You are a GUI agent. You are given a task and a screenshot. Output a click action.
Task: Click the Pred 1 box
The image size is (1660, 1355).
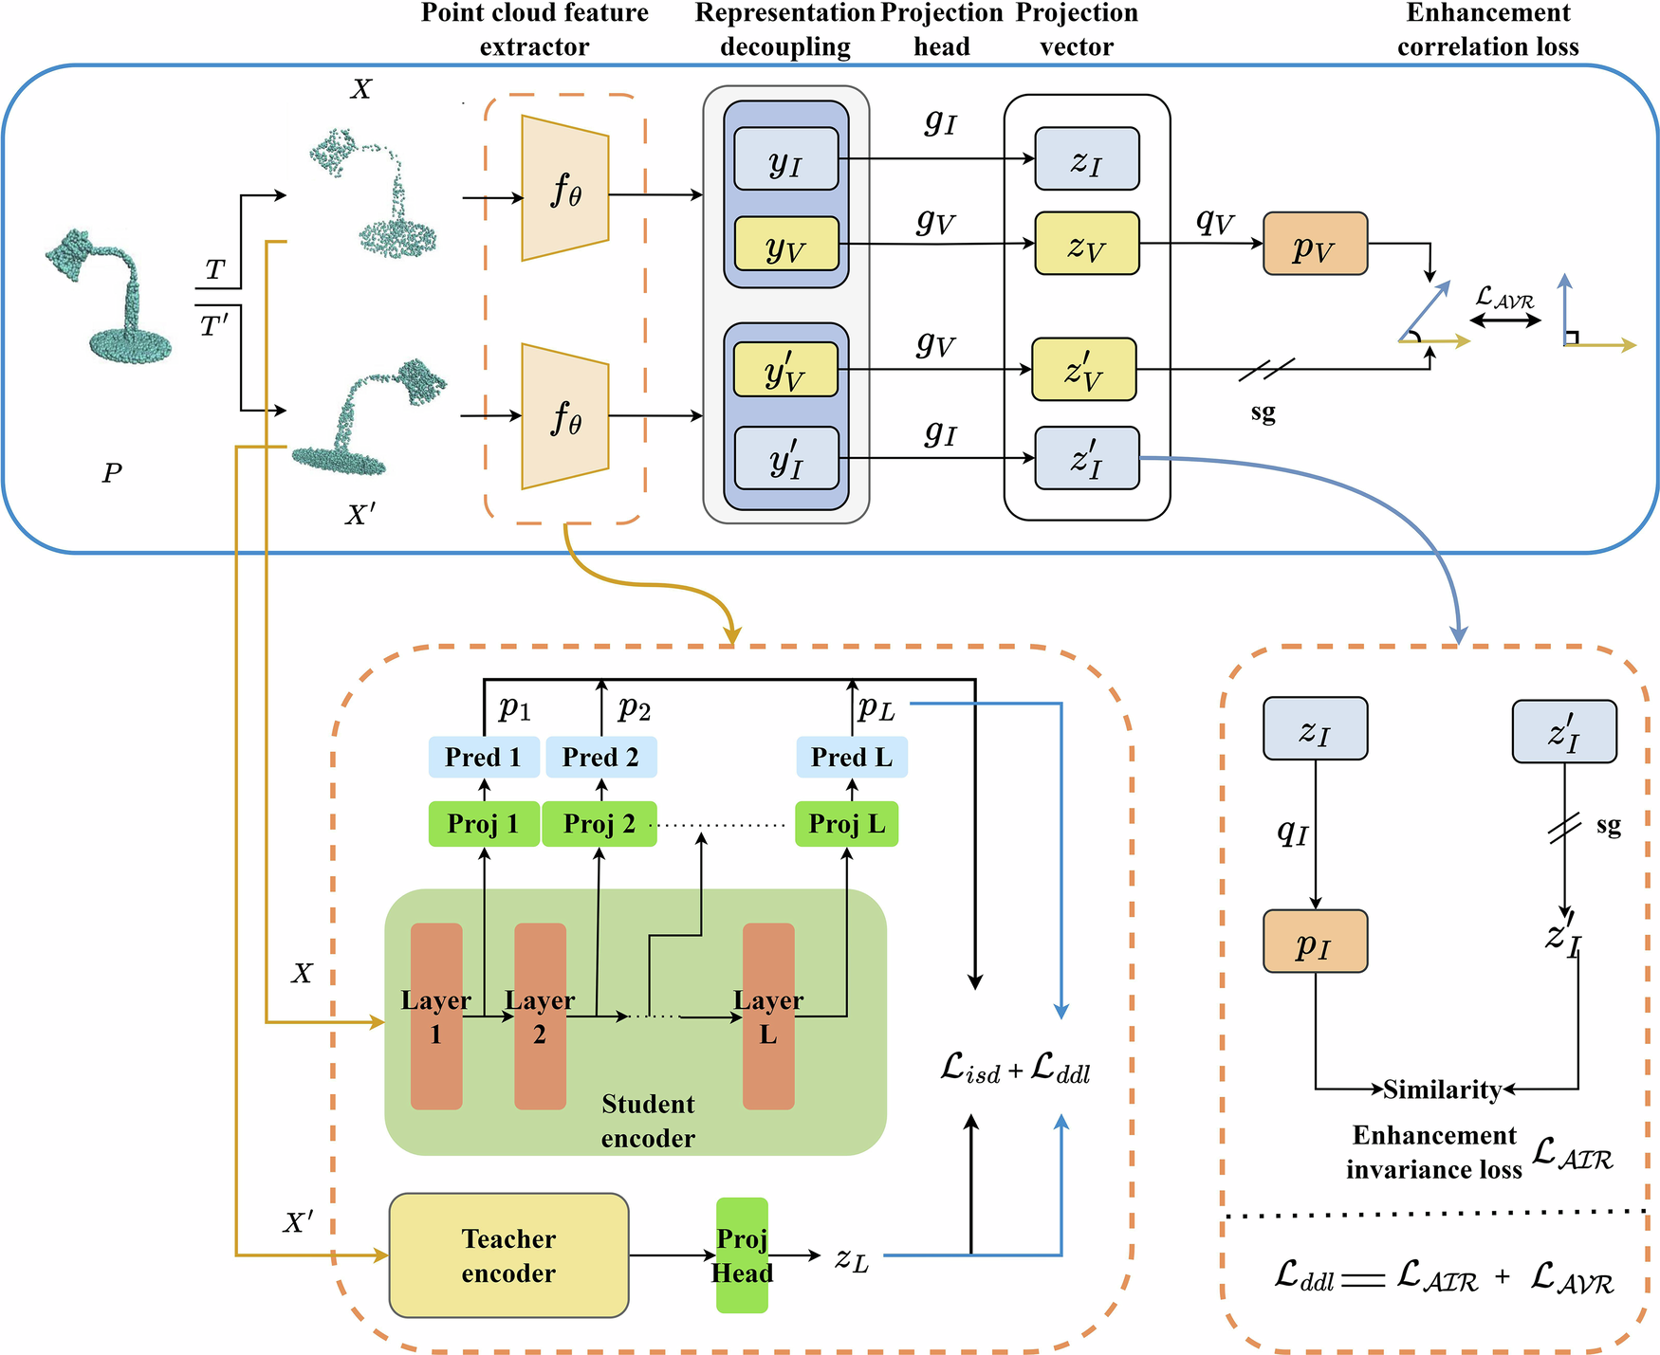(484, 757)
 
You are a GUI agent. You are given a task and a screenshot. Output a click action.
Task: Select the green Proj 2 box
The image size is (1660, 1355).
(599, 824)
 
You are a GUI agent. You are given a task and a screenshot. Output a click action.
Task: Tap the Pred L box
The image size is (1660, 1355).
(852, 757)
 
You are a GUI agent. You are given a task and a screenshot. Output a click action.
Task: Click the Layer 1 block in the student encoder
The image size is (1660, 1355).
(436, 1016)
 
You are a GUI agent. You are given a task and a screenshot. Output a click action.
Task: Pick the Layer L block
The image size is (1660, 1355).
(768, 1016)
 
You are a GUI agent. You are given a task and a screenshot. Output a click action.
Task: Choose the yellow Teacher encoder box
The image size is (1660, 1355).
(509, 1255)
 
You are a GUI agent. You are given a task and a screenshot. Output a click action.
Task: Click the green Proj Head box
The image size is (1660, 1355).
(742, 1255)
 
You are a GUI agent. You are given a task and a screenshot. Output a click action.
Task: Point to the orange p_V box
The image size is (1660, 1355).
(1315, 245)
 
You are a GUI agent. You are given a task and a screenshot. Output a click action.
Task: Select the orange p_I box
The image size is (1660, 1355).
(1315, 942)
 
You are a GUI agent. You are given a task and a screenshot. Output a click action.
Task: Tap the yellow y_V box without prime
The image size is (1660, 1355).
(786, 245)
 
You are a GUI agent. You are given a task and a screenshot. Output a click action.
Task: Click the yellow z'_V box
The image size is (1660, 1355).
(1084, 370)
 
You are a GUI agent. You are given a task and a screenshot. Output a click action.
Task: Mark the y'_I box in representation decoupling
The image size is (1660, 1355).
(786, 459)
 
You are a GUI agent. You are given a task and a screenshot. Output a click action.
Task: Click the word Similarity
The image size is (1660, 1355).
(1442, 1089)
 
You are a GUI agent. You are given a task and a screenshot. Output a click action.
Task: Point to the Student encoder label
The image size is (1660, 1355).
(648, 1121)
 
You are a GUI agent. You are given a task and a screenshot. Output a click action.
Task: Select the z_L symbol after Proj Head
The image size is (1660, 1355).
(852, 1258)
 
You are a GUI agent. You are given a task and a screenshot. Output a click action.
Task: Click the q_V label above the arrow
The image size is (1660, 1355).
(1215, 222)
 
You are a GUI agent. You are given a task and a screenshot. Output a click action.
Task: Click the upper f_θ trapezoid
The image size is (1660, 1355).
(565, 189)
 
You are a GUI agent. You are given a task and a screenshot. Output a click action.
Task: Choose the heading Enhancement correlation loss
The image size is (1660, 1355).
(1487, 29)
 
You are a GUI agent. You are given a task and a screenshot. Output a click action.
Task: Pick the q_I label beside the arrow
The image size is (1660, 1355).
(1292, 833)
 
